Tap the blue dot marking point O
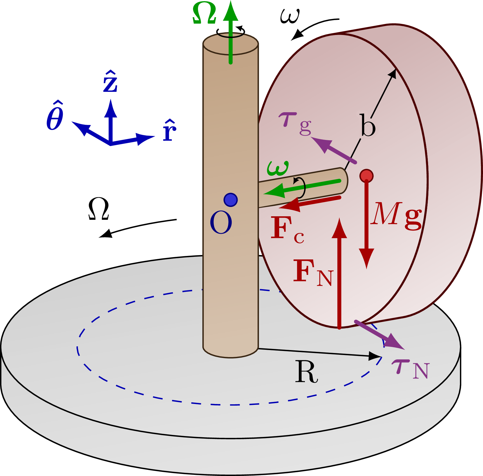[230, 200]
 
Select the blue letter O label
[221, 223]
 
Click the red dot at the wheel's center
[366, 176]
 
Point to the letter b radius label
[368, 126]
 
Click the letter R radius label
[306, 372]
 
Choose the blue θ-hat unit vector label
[55, 117]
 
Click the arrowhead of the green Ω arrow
[231, 12]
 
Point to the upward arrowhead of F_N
[339, 229]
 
